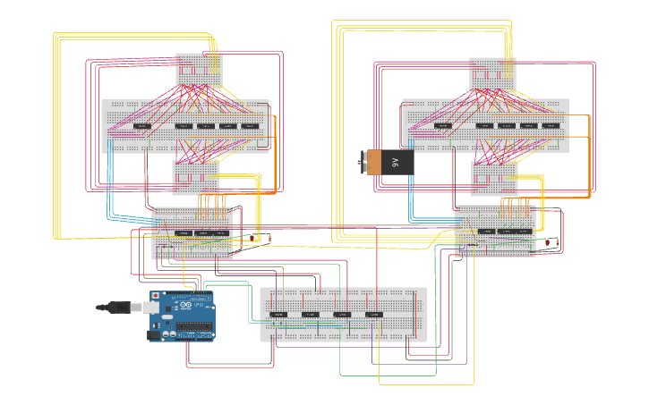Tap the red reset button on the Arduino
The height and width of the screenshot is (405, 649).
click(155, 295)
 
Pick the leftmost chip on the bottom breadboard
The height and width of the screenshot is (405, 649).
click(278, 315)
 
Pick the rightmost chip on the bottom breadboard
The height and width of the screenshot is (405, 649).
click(374, 315)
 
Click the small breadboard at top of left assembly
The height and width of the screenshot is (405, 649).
click(199, 71)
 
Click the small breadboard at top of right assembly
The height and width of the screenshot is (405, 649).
click(492, 74)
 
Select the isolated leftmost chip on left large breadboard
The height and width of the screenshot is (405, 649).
click(141, 126)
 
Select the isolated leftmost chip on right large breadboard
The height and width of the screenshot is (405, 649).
click(442, 126)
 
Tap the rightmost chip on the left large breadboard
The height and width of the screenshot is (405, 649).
click(250, 126)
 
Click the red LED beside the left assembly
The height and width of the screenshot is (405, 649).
click(269, 237)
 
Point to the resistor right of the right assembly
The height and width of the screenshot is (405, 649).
click(548, 242)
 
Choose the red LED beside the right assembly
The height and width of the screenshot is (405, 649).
click(559, 241)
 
